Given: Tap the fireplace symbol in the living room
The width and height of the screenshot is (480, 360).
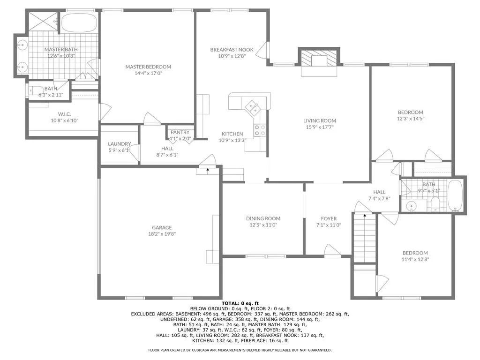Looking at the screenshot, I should [319, 60].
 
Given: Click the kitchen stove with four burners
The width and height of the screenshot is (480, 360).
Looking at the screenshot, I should [260, 130].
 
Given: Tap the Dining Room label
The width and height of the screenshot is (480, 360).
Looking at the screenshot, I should [263, 218].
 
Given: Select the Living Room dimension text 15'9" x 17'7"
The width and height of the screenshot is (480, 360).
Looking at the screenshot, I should [320, 127].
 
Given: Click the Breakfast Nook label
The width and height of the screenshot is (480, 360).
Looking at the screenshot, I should [232, 50].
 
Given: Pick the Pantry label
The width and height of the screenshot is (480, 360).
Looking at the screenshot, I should [180, 132].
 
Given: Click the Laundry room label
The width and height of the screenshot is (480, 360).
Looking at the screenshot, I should [119, 144].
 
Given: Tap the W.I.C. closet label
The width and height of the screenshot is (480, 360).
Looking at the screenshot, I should [64, 114].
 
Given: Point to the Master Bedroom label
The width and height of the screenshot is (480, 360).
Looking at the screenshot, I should [148, 67].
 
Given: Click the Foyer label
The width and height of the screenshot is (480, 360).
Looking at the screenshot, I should [329, 218].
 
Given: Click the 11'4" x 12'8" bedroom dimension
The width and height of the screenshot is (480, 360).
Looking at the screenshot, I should [415, 259].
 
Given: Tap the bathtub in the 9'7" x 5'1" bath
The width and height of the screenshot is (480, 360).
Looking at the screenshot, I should [455, 195].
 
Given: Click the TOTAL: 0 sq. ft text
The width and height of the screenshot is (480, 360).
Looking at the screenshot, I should [240, 303].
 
